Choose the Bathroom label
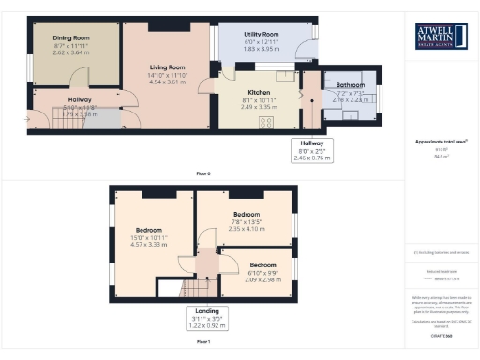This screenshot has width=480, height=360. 351,85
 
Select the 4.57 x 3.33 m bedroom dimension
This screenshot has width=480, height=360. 149,244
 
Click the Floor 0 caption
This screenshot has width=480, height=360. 203,174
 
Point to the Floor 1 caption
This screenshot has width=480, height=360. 203,343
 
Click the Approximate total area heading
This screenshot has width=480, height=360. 441,142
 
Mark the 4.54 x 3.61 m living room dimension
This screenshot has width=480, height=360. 168,82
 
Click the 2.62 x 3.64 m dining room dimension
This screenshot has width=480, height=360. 71,52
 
